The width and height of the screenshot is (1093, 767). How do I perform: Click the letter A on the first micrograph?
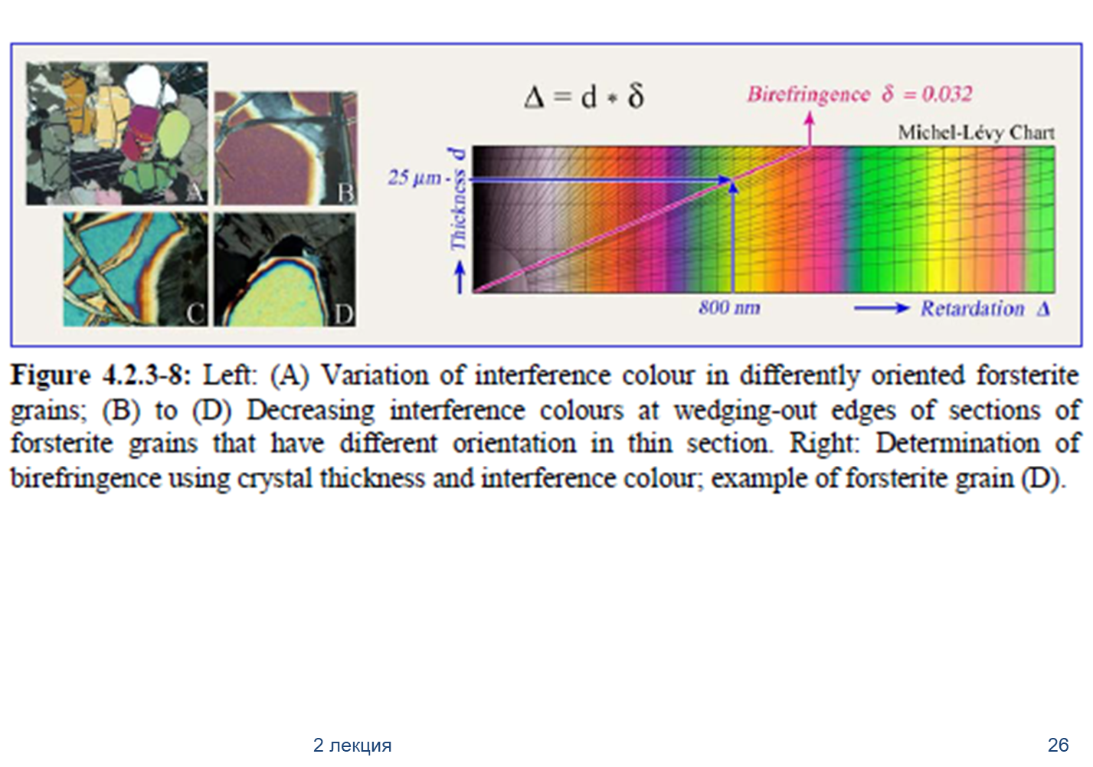[195, 194]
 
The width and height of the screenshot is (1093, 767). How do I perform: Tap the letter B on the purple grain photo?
[346, 193]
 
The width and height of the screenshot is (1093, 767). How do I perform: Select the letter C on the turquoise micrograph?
[196, 314]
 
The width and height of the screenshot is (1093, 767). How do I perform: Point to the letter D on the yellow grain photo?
[343, 314]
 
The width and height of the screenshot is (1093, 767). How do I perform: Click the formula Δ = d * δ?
[584, 97]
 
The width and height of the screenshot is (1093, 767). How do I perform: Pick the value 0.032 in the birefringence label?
[947, 93]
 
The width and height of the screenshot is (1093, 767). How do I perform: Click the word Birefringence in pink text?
[809, 95]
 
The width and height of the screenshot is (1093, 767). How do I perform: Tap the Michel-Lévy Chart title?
[977, 133]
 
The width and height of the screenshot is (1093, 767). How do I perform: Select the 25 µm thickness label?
[414, 177]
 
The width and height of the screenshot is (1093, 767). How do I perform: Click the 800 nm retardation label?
[729, 307]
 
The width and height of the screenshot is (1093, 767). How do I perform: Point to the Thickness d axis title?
[458, 199]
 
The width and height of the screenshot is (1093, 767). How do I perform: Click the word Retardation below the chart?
[972, 309]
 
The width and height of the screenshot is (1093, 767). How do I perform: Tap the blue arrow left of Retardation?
[882, 308]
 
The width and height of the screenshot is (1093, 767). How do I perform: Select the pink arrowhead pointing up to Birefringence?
[810, 118]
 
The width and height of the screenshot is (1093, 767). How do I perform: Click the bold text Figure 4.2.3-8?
[101, 376]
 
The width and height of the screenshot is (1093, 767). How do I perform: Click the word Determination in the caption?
[957, 444]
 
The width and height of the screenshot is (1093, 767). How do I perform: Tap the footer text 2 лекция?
[352, 745]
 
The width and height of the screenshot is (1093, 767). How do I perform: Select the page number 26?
[1058, 745]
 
